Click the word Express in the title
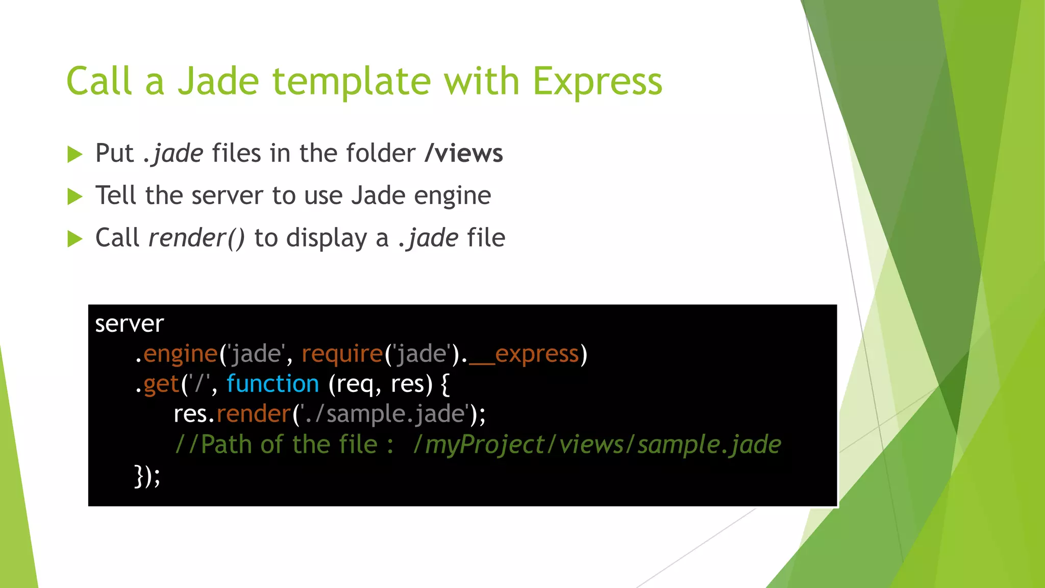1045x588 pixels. [x=597, y=82]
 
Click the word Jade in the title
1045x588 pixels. [x=218, y=82]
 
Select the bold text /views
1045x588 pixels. [x=464, y=153]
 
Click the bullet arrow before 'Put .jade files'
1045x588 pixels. [x=75, y=154]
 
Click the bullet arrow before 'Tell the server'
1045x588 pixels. [x=75, y=197]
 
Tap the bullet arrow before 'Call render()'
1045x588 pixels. [x=75, y=239]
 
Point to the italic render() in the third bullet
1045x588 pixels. [x=196, y=238]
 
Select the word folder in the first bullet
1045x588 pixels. [x=381, y=153]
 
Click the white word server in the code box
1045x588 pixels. [x=129, y=324]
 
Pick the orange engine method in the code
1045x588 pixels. [x=180, y=354]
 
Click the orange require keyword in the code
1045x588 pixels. [x=342, y=354]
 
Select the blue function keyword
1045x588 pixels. [x=272, y=384]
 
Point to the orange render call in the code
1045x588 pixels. [x=254, y=413]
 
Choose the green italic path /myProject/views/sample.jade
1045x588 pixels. [x=597, y=444]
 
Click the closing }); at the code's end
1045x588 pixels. [x=147, y=476]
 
